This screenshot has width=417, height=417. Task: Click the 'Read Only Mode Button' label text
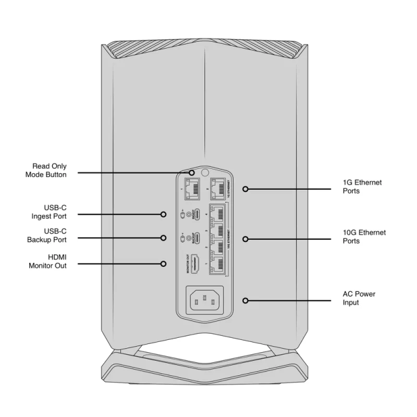click(46, 171)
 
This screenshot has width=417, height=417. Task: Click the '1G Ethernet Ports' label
click(362, 187)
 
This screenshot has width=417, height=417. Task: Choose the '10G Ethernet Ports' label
click(364, 237)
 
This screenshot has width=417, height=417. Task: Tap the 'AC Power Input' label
click(359, 298)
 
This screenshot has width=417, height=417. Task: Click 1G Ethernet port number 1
click(193, 190)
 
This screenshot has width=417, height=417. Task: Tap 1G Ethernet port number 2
click(217, 190)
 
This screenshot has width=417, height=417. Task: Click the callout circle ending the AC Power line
click(245, 300)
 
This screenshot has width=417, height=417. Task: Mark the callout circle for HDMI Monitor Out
click(164, 264)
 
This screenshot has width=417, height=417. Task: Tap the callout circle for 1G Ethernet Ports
click(245, 190)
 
